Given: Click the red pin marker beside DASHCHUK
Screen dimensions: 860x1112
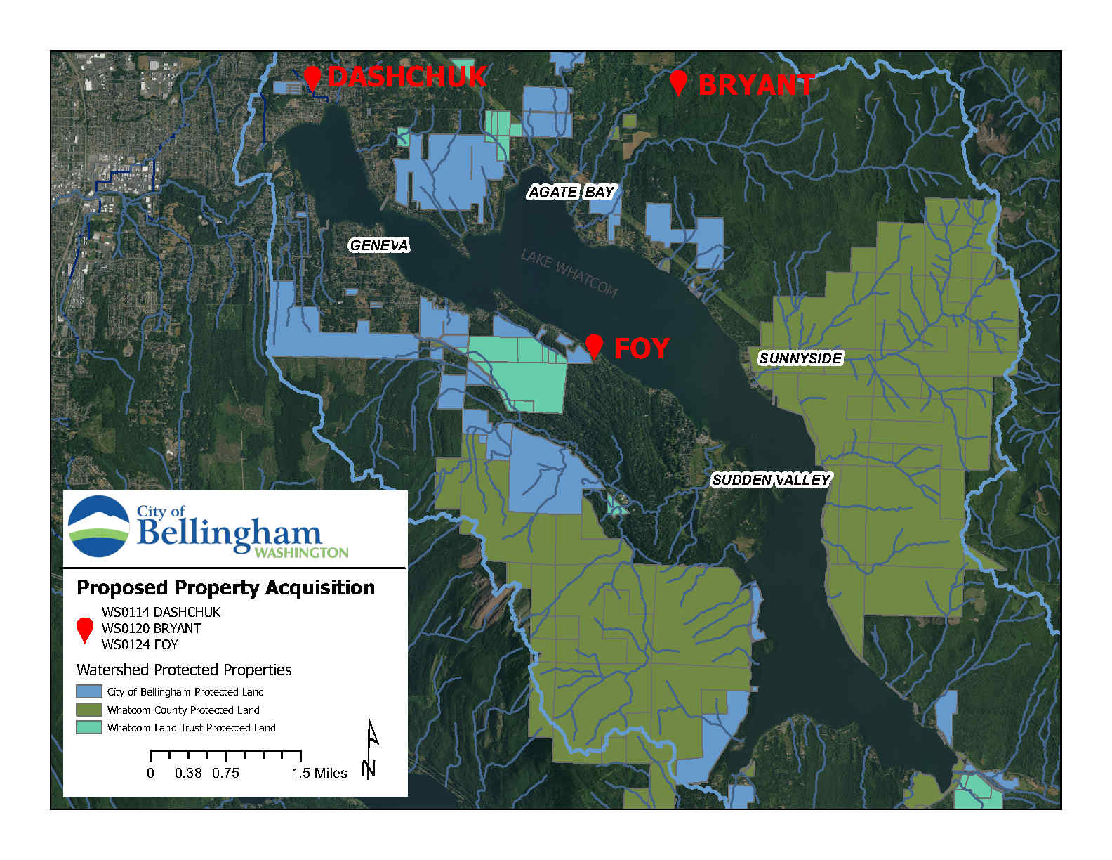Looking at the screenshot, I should (x=312, y=77).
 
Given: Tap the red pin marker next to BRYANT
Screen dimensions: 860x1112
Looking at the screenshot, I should (x=677, y=82).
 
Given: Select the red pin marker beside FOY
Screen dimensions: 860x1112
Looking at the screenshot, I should (x=594, y=345).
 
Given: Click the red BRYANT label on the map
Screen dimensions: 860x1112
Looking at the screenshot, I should (x=756, y=85).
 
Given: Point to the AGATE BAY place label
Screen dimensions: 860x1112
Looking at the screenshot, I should (x=571, y=192).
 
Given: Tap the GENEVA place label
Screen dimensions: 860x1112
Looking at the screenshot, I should (x=379, y=245).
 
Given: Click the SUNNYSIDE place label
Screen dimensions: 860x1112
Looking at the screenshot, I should (x=800, y=358).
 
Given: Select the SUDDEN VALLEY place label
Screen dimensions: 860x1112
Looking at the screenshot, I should (x=770, y=480).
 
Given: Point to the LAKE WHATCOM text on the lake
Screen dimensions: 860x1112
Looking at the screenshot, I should (x=569, y=273).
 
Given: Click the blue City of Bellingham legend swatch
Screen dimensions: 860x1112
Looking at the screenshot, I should (x=89, y=692).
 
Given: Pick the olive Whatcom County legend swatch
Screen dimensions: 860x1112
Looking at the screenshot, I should (x=89, y=710).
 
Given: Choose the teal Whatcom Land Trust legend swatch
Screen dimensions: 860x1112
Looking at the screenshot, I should (x=89, y=727).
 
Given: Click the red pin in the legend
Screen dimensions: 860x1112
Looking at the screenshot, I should (x=85, y=629).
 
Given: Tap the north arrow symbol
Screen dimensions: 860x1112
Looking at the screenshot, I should (x=370, y=748).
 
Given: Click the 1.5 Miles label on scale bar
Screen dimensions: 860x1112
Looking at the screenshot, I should (x=319, y=773).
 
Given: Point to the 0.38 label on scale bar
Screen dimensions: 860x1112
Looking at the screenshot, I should (x=188, y=773).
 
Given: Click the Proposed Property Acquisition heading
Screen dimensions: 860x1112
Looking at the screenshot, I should (x=225, y=587).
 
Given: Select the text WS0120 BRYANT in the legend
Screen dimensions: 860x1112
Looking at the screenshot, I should (x=151, y=628).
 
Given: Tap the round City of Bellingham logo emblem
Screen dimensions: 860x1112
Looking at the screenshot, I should (x=98, y=527).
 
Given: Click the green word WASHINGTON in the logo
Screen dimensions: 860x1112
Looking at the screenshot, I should (x=301, y=553).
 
